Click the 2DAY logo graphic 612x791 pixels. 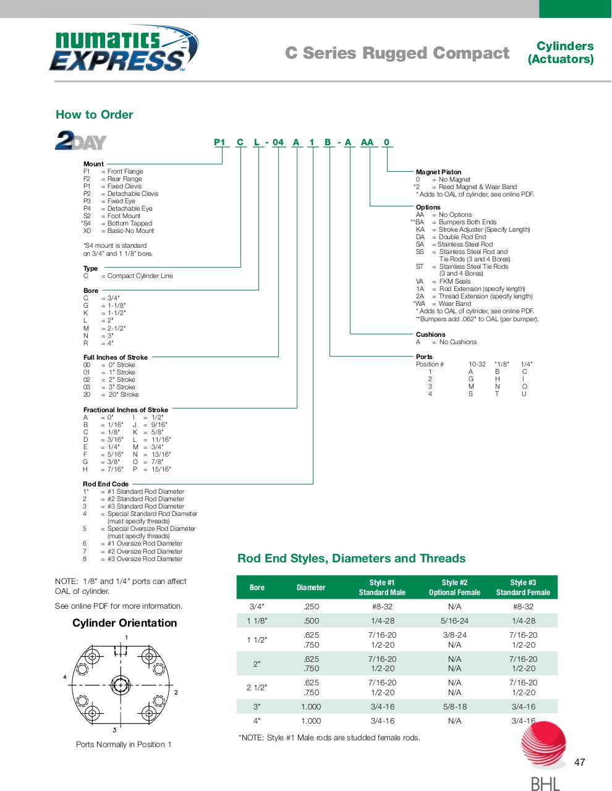click(81, 140)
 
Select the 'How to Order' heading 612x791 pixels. click(94, 114)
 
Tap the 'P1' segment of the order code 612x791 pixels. click(220, 142)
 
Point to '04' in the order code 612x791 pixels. click(278, 142)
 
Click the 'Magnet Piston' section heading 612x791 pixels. click(438, 172)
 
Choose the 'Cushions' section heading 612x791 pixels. click(430, 334)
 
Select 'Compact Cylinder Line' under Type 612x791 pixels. click(140, 276)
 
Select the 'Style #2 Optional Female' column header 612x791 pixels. click(454, 588)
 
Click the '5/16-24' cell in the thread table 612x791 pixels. click(454, 621)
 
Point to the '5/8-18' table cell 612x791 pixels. click(454, 706)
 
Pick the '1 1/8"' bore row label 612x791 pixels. click(257, 621)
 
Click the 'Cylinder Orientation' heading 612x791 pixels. click(124, 623)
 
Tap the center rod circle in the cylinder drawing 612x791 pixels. click(120, 684)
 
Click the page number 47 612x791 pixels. click(579, 762)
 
